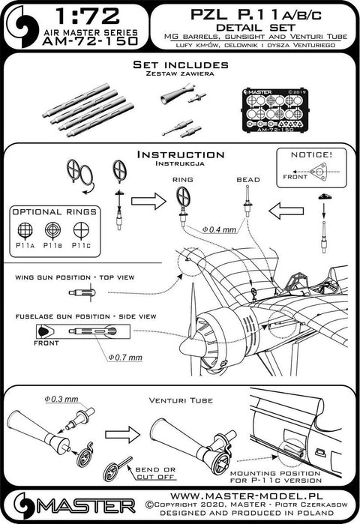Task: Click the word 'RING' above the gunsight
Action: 182,180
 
